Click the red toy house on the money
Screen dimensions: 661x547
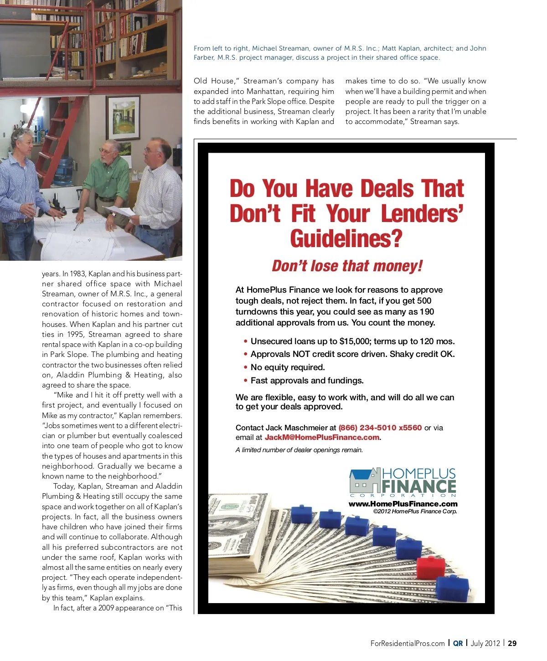(431, 567)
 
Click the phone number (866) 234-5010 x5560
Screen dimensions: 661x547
(380, 428)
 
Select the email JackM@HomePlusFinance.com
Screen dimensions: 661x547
(322, 437)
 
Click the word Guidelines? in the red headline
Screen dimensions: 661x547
(346, 238)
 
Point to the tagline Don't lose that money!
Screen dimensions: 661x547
(347, 266)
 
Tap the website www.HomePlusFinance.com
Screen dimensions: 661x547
(403, 504)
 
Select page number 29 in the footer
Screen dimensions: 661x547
(512, 643)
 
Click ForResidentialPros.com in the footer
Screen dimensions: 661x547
(408, 643)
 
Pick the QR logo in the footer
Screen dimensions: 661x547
(458, 643)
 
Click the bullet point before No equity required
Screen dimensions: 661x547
(246, 367)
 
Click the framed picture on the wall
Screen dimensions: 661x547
(123, 118)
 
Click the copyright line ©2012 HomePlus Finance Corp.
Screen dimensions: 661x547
(415, 511)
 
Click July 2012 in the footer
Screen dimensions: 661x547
(485, 643)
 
